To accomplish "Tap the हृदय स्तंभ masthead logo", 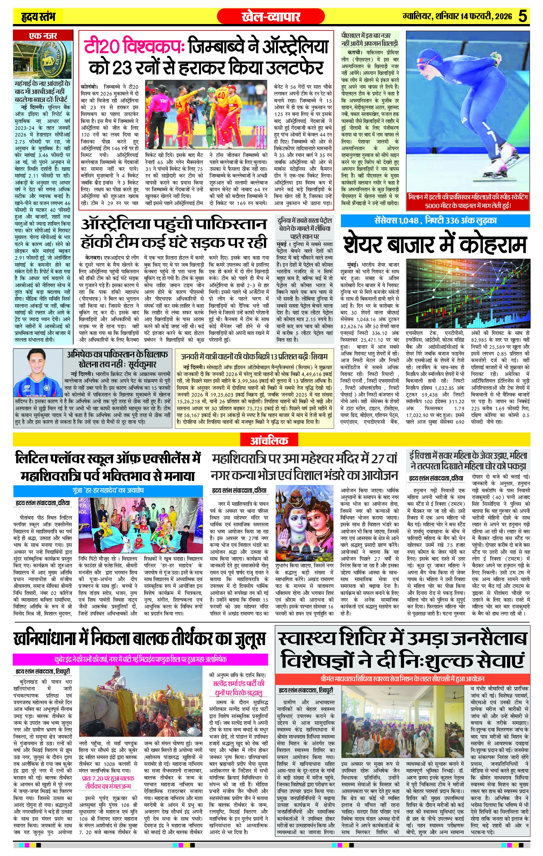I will click(x=39, y=16).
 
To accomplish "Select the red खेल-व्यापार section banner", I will click(x=271, y=16).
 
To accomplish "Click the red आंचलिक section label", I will click(x=269, y=441).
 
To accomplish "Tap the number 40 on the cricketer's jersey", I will click(x=221, y=96).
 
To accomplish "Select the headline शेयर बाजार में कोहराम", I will click(x=435, y=245).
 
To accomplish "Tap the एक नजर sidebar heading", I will click(x=42, y=36).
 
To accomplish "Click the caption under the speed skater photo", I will click(x=468, y=201).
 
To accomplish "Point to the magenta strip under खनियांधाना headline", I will click(x=140, y=659).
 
